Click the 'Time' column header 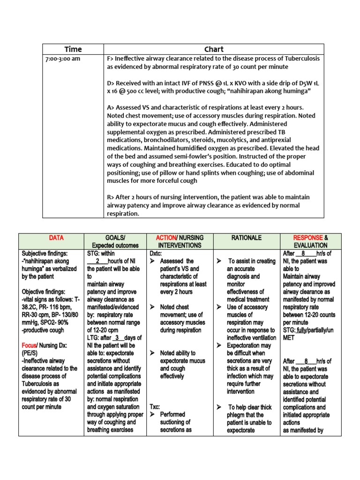[73, 49]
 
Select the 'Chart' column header [214, 49]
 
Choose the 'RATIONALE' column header [246, 238]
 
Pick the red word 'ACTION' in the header [165, 238]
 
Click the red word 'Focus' [30, 345]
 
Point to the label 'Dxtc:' [156, 253]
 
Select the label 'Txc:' [155, 407]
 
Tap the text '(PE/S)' [30, 353]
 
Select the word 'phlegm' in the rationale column [238, 415]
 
